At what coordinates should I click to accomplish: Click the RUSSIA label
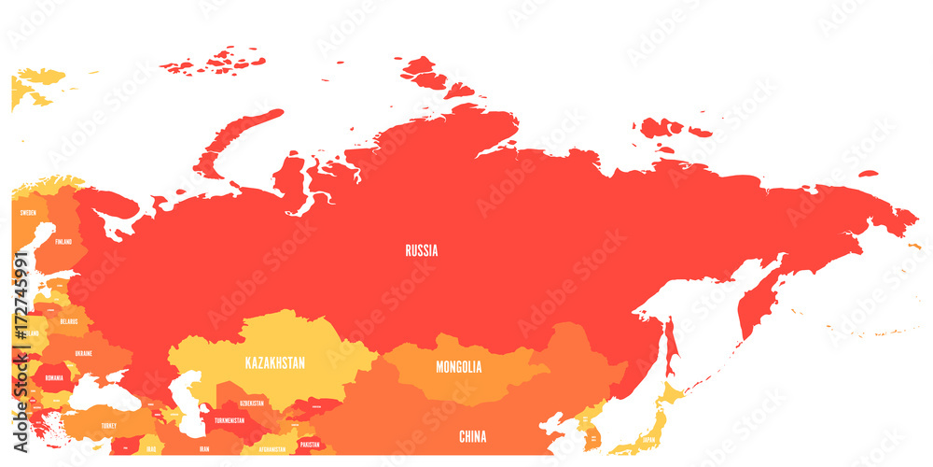coord(422,250)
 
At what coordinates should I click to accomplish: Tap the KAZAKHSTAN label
coord(274,361)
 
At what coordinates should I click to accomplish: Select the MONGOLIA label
coord(459,367)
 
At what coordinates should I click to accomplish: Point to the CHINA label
coord(473,436)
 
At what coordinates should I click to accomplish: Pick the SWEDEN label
coord(28,213)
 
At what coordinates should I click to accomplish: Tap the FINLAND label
coord(63,241)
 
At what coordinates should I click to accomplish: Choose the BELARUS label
coord(68,320)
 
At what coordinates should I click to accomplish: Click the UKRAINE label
coord(84,354)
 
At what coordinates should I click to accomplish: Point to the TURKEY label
coord(109,426)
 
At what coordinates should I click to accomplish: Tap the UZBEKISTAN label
coord(252,403)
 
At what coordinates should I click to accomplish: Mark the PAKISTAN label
coord(309,446)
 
